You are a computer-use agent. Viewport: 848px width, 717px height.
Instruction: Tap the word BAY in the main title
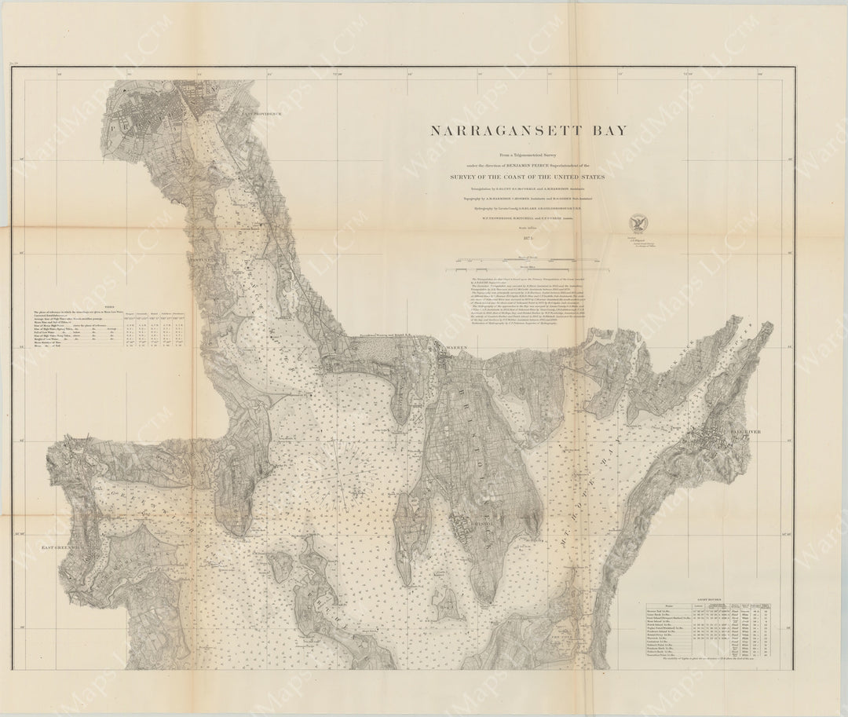609,131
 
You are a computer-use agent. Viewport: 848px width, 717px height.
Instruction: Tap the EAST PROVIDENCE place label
263,114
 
